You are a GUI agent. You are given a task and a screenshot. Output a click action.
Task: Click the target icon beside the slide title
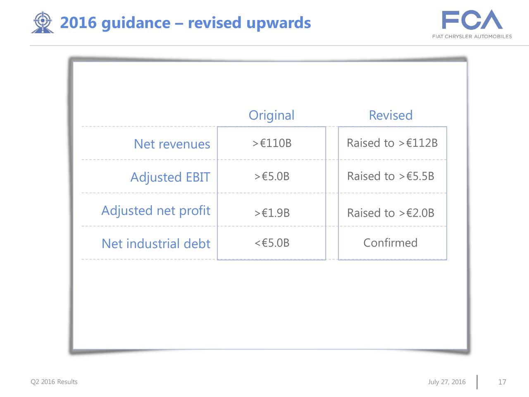pos(42,22)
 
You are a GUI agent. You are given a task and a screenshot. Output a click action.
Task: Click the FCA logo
pos(472,24)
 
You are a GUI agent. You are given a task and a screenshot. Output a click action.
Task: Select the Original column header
pos(272,115)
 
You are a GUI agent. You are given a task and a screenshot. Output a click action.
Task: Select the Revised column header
pos(391,115)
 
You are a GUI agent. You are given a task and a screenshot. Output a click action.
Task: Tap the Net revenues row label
pos(172,144)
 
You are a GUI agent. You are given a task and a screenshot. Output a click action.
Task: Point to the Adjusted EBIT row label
pos(170,177)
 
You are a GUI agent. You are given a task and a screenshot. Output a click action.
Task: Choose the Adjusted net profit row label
pos(156,210)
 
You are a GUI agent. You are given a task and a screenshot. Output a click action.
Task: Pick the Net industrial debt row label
pos(156,244)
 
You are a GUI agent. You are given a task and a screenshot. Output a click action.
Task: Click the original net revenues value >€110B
pos(272,143)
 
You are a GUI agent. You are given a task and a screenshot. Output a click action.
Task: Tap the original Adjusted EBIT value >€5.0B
pos(272,176)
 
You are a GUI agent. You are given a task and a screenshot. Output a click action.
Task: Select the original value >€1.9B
pos(272,213)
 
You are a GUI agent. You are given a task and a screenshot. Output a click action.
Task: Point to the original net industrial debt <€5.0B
pos(272,243)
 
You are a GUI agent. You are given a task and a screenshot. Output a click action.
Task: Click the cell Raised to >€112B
pos(392,143)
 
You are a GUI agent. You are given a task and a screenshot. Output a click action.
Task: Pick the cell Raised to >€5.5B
pos(391,176)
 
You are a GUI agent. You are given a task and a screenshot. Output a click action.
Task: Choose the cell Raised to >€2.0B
pos(391,213)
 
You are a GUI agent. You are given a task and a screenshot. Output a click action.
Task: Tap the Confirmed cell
pos(391,243)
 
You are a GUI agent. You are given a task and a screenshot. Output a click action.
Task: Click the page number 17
pos(502,382)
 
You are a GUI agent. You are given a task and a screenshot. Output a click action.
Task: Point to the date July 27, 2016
pos(447,382)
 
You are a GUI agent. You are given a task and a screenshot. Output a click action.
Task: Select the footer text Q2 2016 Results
pos(54,382)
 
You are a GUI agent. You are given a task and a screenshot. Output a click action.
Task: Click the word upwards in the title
pos(279,23)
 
